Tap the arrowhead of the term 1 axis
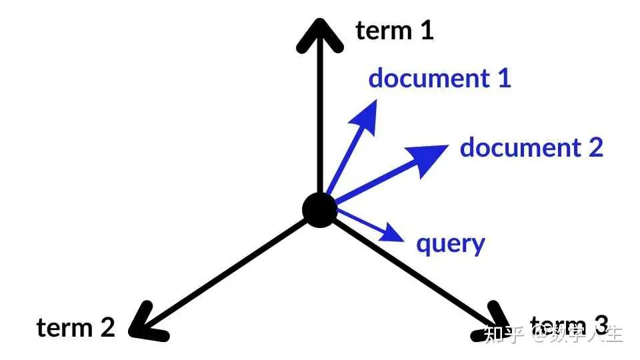(x=319, y=33)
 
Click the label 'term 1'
(x=395, y=30)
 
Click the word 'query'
(x=450, y=244)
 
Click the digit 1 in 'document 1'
(x=504, y=78)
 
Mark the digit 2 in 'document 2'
(x=595, y=147)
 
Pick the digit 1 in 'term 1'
(x=427, y=30)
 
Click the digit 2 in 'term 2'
(x=107, y=327)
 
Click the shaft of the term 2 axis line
(x=227, y=269)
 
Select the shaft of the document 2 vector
(x=373, y=181)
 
